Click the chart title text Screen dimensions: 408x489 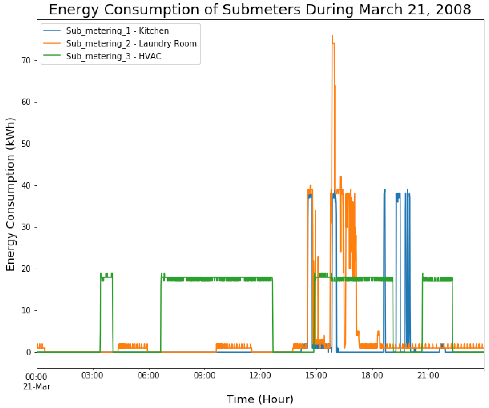click(x=260, y=9)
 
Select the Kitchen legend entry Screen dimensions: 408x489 click(x=117, y=31)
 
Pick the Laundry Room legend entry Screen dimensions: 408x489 click(x=131, y=43)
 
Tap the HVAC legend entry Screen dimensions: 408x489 click(x=113, y=56)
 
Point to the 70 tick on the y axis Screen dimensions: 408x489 click(x=26, y=60)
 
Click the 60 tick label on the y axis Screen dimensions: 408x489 click(x=26, y=102)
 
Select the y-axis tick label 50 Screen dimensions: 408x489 click(x=26, y=144)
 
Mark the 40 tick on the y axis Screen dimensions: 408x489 click(x=26, y=186)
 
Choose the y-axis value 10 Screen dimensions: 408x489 click(x=26, y=310)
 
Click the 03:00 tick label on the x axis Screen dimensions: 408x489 click(x=93, y=375)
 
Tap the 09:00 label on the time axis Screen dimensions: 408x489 click(x=204, y=375)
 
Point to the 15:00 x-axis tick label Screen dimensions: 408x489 click(x=316, y=375)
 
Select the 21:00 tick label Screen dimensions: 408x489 click(x=428, y=375)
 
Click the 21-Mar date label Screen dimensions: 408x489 click(x=37, y=387)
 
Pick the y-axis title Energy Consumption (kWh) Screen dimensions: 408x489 click(x=10, y=194)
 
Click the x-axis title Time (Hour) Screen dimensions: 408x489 click(x=260, y=399)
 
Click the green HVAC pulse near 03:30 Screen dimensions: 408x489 click(x=106, y=277)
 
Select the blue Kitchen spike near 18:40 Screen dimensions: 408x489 click(x=385, y=196)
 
